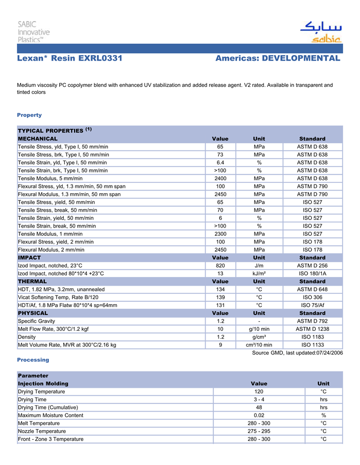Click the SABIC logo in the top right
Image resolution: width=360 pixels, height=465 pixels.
(320, 32)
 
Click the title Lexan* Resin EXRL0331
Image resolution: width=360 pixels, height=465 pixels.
(69, 59)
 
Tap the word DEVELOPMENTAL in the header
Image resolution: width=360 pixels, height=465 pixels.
(301, 59)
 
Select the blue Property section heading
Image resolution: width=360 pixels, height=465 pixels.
(29, 115)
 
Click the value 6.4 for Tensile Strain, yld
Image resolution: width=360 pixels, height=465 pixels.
(220, 162)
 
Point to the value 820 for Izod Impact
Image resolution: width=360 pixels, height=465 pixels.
(220, 266)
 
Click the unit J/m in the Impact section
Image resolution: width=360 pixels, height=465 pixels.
(259, 266)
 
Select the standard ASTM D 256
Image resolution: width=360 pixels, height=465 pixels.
(312, 266)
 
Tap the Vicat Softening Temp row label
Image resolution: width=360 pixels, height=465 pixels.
(58, 297)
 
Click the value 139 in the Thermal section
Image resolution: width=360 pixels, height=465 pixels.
(220, 297)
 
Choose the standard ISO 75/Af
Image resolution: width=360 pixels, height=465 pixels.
(312, 305)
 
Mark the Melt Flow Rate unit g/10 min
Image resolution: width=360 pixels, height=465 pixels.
(259, 329)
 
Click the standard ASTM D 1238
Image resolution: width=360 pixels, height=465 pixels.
(312, 329)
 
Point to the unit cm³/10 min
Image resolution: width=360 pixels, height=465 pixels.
(259, 345)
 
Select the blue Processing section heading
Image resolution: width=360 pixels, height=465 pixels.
(33, 360)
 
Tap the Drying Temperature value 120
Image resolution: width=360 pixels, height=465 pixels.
(259, 392)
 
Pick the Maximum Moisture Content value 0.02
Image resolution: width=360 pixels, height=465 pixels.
(259, 415)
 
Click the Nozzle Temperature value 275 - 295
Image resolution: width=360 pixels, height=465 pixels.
(259, 431)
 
